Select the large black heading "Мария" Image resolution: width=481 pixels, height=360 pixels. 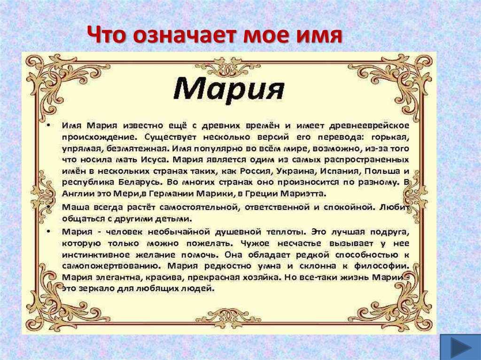coord(229,88)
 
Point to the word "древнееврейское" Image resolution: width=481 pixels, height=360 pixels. coord(369,125)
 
